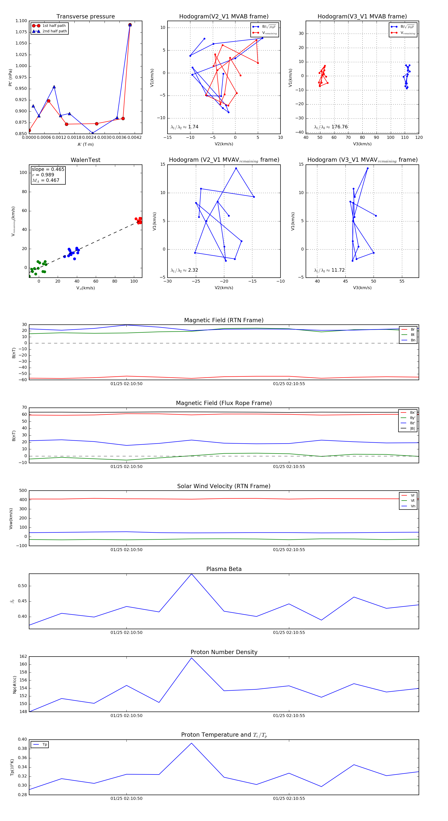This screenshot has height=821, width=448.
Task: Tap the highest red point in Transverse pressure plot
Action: [x=130, y=25]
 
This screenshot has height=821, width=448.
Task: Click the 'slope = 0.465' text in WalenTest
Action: [x=48, y=169]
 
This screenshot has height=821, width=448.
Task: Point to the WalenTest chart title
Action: [x=85, y=160]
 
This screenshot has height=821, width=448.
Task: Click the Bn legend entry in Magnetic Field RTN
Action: [x=413, y=340]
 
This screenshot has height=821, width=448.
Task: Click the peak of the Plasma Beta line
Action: [x=191, y=574]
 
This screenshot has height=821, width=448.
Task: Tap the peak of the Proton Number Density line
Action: [x=191, y=658]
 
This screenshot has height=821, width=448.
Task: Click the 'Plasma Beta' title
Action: [x=224, y=569]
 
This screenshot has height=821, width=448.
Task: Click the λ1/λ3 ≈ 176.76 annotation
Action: [x=331, y=127]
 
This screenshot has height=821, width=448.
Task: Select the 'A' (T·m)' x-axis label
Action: [x=85, y=144]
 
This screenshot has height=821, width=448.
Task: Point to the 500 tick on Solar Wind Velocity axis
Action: [x=23, y=491]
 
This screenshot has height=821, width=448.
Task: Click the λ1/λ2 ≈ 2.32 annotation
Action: [x=184, y=270]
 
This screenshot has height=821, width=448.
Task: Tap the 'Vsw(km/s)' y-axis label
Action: [x=11, y=518]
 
